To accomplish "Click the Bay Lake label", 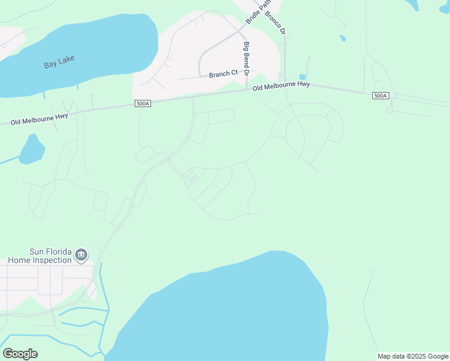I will pyautogui.click(x=58, y=64).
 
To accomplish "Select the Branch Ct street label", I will pyautogui.click(x=223, y=74).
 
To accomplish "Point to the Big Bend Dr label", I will pyautogui.click(x=246, y=58).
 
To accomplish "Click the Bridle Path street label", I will pyautogui.click(x=254, y=13).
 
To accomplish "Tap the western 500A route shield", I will pyautogui.click(x=143, y=104).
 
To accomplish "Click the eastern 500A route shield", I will pyautogui.click(x=380, y=96).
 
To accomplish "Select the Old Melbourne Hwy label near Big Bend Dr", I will pyautogui.click(x=281, y=87).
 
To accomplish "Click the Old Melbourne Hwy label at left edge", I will pyautogui.click(x=39, y=118).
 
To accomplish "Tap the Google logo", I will pyautogui.click(x=20, y=354).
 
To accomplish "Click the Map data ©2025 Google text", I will pyautogui.click(x=413, y=357).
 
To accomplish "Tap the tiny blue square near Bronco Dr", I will pyautogui.click(x=302, y=77).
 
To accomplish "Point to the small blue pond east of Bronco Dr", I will pyautogui.click(x=342, y=39).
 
